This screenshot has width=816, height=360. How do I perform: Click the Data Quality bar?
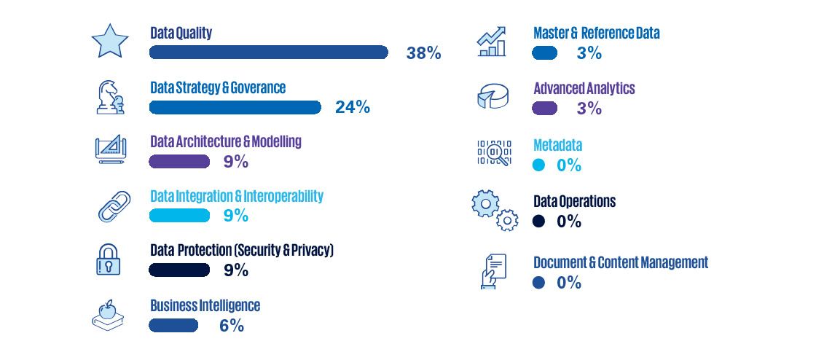coord(268,52)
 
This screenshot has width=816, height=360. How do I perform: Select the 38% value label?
coord(423,53)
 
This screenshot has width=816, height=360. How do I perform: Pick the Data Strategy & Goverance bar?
coord(235,107)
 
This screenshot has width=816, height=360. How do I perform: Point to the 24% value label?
coord(353,107)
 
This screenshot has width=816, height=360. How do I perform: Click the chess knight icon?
coord(110,96)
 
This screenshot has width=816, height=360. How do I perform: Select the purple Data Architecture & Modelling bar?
coord(179,161)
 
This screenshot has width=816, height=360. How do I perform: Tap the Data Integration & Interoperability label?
coord(237,196)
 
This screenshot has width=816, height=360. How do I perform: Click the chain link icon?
coord(114,206)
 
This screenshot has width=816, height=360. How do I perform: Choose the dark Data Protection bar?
coord(179,270)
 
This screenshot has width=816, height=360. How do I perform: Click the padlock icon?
coord(109,259)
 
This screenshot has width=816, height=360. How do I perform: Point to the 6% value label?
coord(232,326)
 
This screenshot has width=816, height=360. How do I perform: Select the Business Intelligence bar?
coord(173,325)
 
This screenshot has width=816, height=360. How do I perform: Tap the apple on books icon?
coord(109,315)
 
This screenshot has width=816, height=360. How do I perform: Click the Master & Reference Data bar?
coord(545,52)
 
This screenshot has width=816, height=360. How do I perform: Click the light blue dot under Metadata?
coord(538,165)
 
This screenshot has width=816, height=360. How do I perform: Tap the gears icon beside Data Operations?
coord(495,209)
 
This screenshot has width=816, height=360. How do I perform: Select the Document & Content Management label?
coord(621,262)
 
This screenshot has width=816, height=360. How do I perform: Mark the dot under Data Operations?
coord(538,221)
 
